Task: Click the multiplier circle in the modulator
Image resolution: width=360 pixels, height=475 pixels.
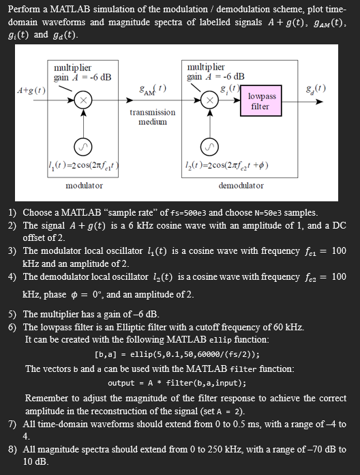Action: [x=82, y=101]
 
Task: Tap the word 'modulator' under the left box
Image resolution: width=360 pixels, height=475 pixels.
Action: [x=84, y=185]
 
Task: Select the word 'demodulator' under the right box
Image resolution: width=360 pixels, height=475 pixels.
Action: [x=241, y=185]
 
